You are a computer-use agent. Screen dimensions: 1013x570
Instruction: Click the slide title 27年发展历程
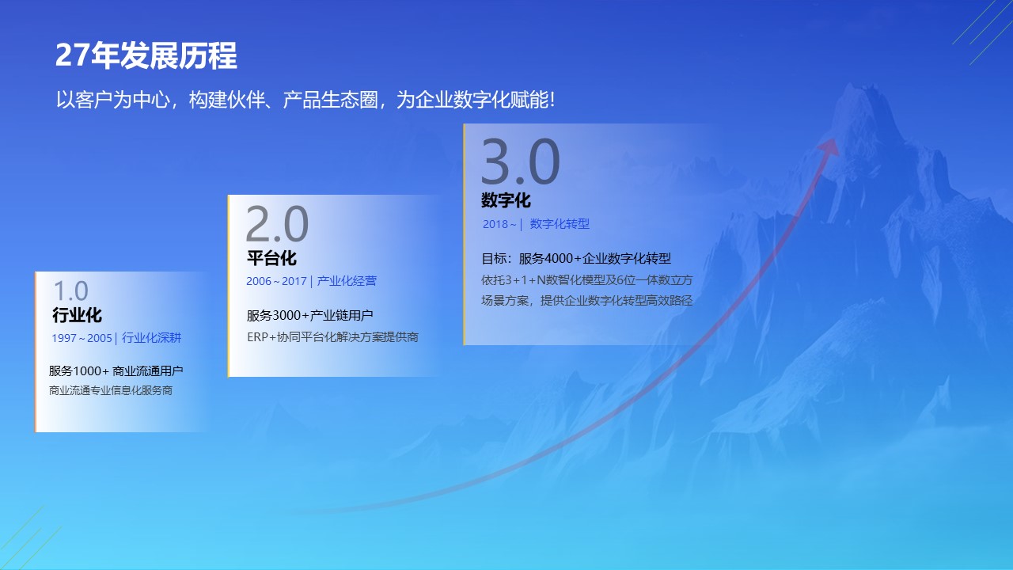coord(146,55)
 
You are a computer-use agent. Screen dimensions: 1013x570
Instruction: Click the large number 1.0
coord(70,291)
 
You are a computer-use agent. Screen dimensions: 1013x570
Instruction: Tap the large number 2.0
coord(277,224)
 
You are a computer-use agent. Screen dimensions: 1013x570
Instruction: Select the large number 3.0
coord(520,161)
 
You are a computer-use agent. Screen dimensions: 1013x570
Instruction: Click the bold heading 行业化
coord(77,315)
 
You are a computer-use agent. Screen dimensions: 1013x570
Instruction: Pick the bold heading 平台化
coord(271,258)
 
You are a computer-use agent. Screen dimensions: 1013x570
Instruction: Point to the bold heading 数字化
coord(506,200)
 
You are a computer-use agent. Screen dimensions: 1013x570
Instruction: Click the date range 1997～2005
coord(82,338)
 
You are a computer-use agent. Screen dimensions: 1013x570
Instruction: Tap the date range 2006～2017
coord(276,281)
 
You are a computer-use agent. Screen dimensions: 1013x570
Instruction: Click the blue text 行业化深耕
coord(151,337)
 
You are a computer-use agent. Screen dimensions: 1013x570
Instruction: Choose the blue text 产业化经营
coord(347,281)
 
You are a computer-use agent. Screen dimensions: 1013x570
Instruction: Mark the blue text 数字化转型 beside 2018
coord(560,224)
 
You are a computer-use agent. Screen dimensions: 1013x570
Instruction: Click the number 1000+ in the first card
coord(91,371)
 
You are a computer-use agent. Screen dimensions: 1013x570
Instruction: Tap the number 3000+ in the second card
coord(290,315)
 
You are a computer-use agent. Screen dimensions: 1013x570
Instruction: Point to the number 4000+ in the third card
coord(563,258)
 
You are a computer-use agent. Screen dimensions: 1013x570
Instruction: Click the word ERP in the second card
coord(258,337)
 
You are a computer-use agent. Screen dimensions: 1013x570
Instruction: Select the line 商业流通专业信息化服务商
coord(110,390)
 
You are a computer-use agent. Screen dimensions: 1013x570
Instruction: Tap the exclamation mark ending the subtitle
coord(552,100)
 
